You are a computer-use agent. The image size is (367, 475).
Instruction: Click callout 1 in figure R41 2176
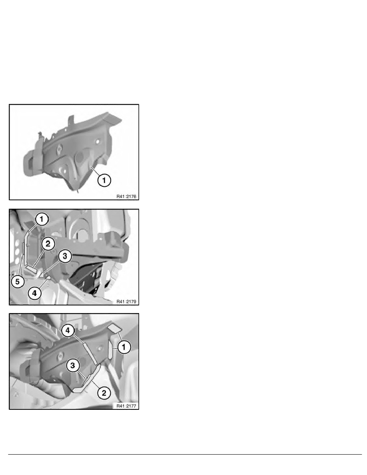(104, 180)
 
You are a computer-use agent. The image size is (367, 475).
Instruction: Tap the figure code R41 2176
(126, 196)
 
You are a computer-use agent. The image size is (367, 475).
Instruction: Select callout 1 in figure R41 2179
(42, 219)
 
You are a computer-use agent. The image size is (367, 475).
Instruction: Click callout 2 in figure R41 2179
(48, 243)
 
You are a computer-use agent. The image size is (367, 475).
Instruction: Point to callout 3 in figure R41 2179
(65, 256)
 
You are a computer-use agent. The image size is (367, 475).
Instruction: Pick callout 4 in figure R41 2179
(34, 293)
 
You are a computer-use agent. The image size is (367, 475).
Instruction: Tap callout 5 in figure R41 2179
(18, 281)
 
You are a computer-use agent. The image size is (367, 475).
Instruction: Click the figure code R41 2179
(126, 301)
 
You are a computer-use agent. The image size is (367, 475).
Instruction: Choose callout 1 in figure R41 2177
(124, 347)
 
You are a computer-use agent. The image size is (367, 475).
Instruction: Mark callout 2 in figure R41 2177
(104, 393)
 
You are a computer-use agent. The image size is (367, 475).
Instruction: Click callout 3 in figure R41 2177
(73, 365)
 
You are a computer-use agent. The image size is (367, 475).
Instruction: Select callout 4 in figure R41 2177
(68, 331)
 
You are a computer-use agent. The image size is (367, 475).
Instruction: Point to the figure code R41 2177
(126, 406)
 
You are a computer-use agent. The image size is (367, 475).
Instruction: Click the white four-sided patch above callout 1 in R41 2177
(115, 328)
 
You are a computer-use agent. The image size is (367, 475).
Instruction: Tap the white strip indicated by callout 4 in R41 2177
(90, 353)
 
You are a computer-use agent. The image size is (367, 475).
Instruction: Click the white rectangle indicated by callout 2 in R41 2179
(32, 269)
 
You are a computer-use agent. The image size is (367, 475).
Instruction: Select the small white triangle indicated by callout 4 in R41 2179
(48, 277)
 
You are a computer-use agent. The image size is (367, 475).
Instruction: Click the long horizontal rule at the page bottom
(185, 454)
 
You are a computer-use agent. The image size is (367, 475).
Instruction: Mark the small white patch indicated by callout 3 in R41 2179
(40, 275)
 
